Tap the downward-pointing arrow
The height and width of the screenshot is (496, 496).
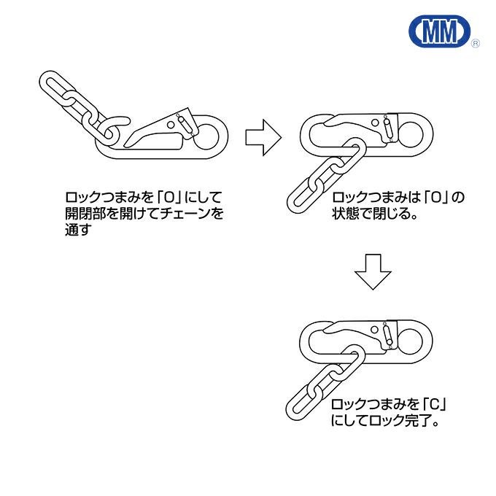pyautogui.click(x=373, y=273)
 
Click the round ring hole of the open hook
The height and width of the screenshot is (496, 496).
pyautogui.click(x=212, y=134)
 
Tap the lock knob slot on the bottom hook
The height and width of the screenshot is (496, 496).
pyautogui.click(x=389, y=336)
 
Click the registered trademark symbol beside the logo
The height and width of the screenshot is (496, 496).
pyautogui.click(x=476, y=44)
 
